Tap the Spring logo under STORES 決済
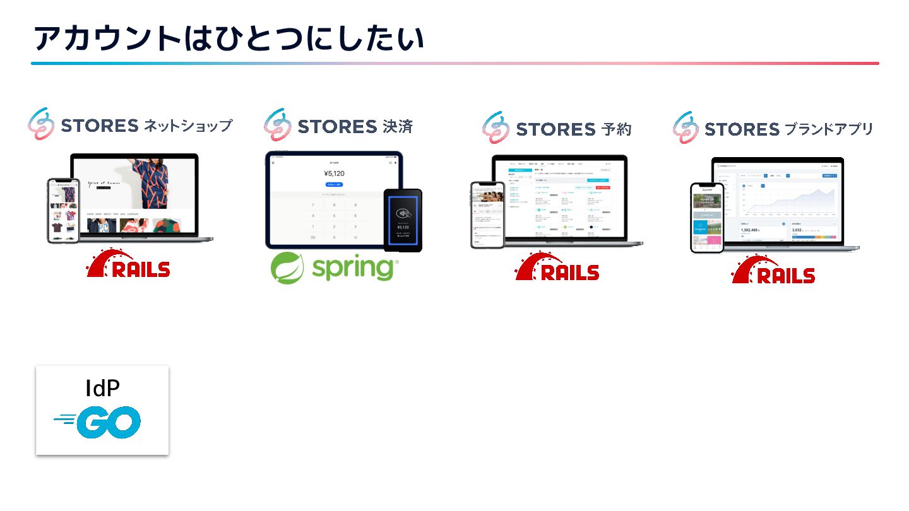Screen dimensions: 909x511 333,267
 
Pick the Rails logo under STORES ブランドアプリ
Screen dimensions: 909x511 773,270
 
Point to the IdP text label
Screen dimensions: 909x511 102,389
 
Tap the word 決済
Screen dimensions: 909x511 397,126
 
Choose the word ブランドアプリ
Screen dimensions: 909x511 829,129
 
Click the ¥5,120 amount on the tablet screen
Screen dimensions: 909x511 334,173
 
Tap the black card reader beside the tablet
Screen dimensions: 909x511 403,219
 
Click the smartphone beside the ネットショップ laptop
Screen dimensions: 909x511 63,210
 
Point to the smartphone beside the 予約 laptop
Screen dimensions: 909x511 487,214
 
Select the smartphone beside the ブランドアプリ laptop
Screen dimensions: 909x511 706,218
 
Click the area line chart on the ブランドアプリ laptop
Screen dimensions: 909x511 789,201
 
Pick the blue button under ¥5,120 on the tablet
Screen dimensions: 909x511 334,184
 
